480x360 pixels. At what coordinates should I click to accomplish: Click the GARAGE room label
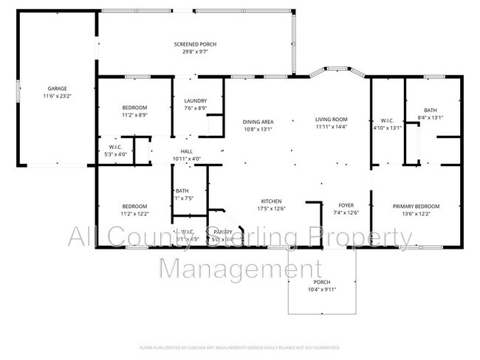[x=56, y=89]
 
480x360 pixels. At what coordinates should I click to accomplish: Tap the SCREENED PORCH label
[x=195, y=44]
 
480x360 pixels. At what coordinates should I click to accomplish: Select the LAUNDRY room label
[x=195, y=101]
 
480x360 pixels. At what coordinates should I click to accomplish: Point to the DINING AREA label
[x=258, y=121]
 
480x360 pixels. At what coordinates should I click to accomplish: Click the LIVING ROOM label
[x=331, y=120]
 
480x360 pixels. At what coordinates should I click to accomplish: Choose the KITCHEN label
[x=271, y=201]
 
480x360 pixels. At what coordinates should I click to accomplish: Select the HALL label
[x=187, y=152]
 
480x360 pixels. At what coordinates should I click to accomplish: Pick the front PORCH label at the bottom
[x=322, y=283]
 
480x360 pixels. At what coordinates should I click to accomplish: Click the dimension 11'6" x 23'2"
[x=56, y=96]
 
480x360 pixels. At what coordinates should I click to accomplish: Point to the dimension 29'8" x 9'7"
[x=195, y=52]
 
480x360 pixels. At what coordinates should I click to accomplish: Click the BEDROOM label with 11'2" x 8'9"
[x=134, y=107]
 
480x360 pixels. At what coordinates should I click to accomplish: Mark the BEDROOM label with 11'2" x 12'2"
[x=134, y=206]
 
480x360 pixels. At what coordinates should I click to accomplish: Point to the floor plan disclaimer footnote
[x=240, y=347]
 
